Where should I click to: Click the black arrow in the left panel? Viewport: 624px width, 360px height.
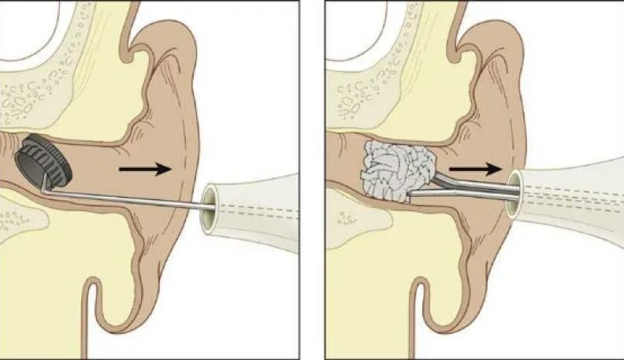coord(144,168)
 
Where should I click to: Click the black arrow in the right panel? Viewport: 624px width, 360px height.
coord(477,168)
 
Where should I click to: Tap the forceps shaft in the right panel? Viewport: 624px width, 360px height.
coord(473,184)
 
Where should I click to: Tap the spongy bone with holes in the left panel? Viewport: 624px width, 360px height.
coord(32,98)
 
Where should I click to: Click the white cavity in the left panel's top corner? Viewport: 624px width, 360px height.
coord(24,28)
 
